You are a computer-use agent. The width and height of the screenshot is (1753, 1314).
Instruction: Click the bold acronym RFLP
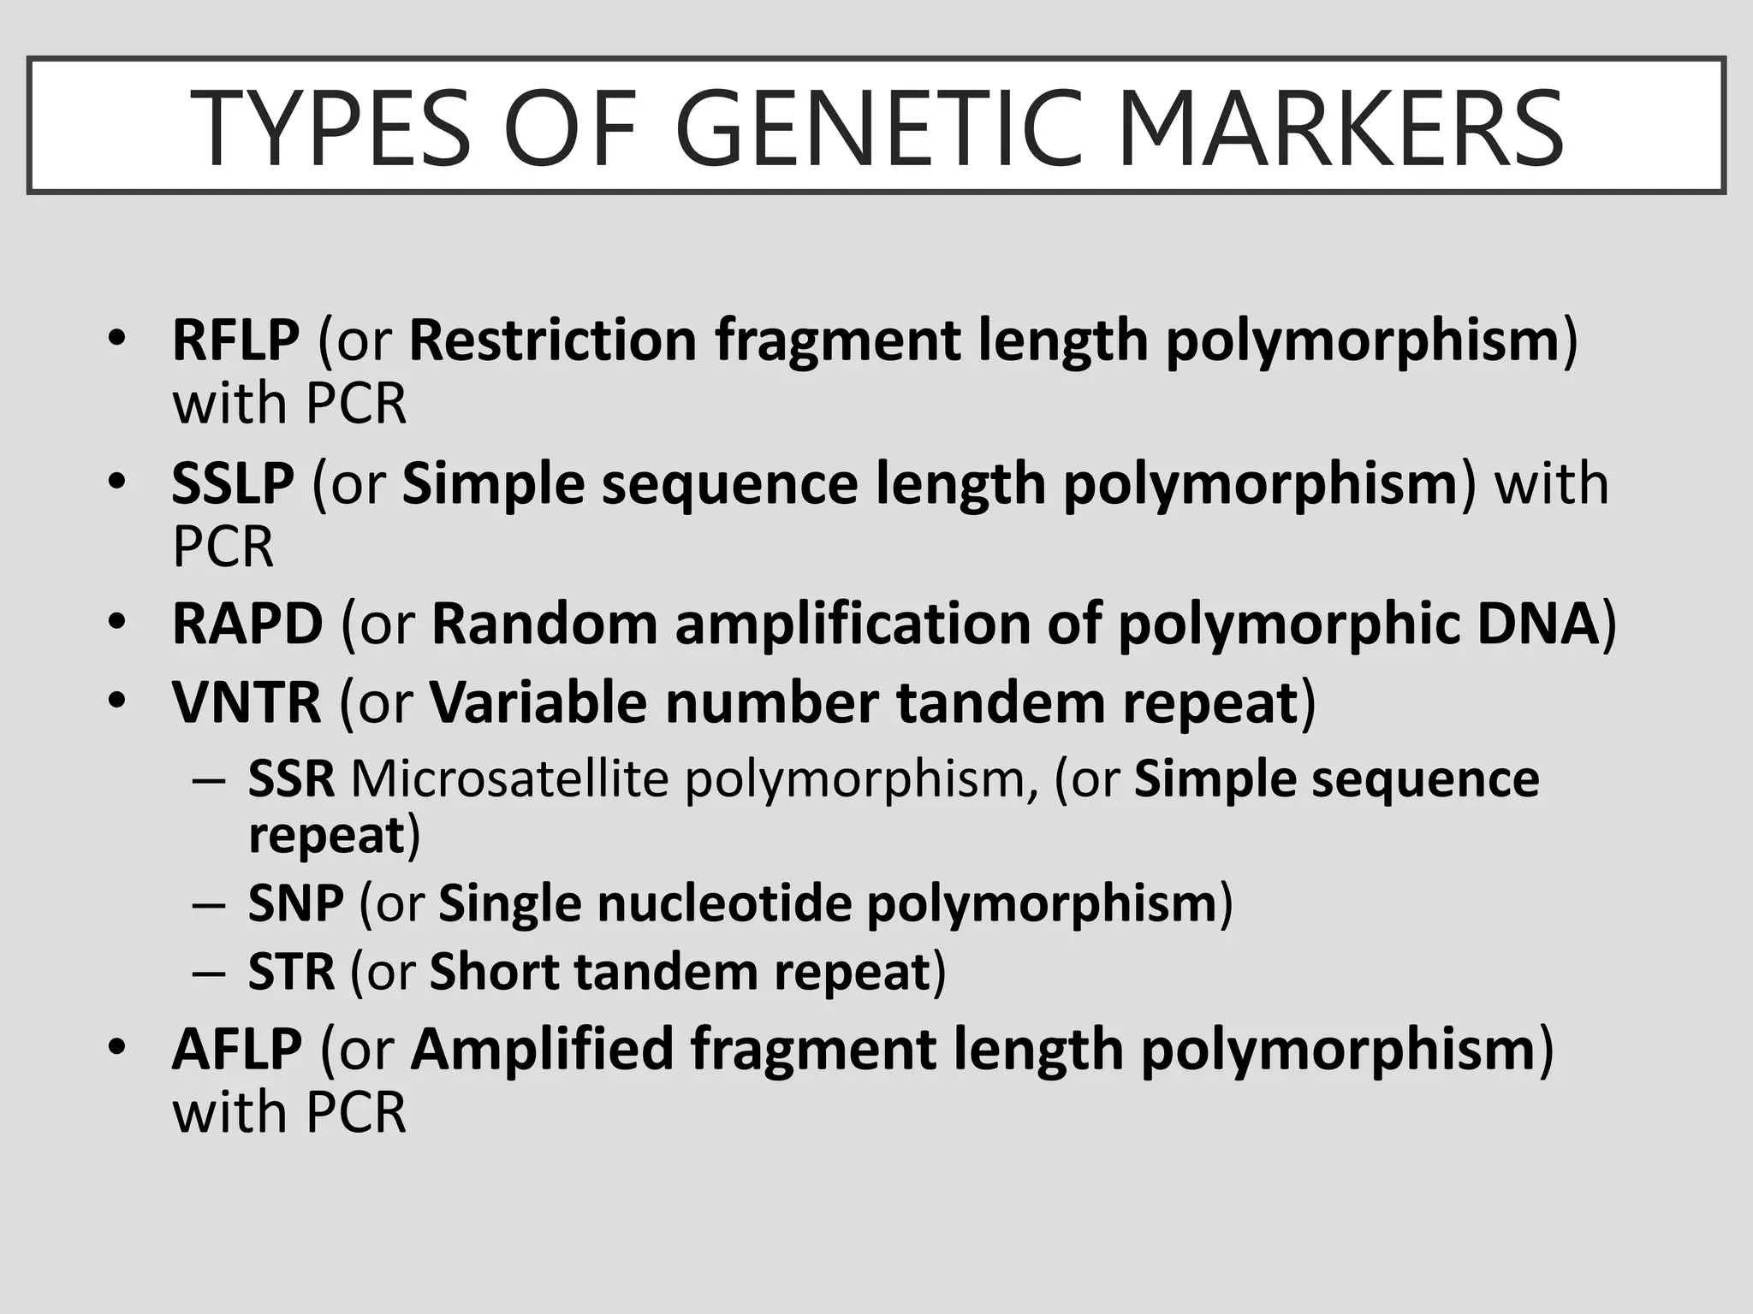pos(235,340)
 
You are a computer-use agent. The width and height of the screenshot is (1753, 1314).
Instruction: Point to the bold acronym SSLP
pos(233,483)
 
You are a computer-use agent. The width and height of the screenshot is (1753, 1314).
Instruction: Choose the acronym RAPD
pos(247,624)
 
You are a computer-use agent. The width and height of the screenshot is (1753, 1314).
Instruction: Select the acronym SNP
pos(295,903)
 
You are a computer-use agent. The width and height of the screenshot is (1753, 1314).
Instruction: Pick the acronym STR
pos(291,972)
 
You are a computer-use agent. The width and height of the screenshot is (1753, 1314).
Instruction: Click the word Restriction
pos(553,340)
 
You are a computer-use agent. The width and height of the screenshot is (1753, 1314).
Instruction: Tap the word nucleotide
pos(724,903)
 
